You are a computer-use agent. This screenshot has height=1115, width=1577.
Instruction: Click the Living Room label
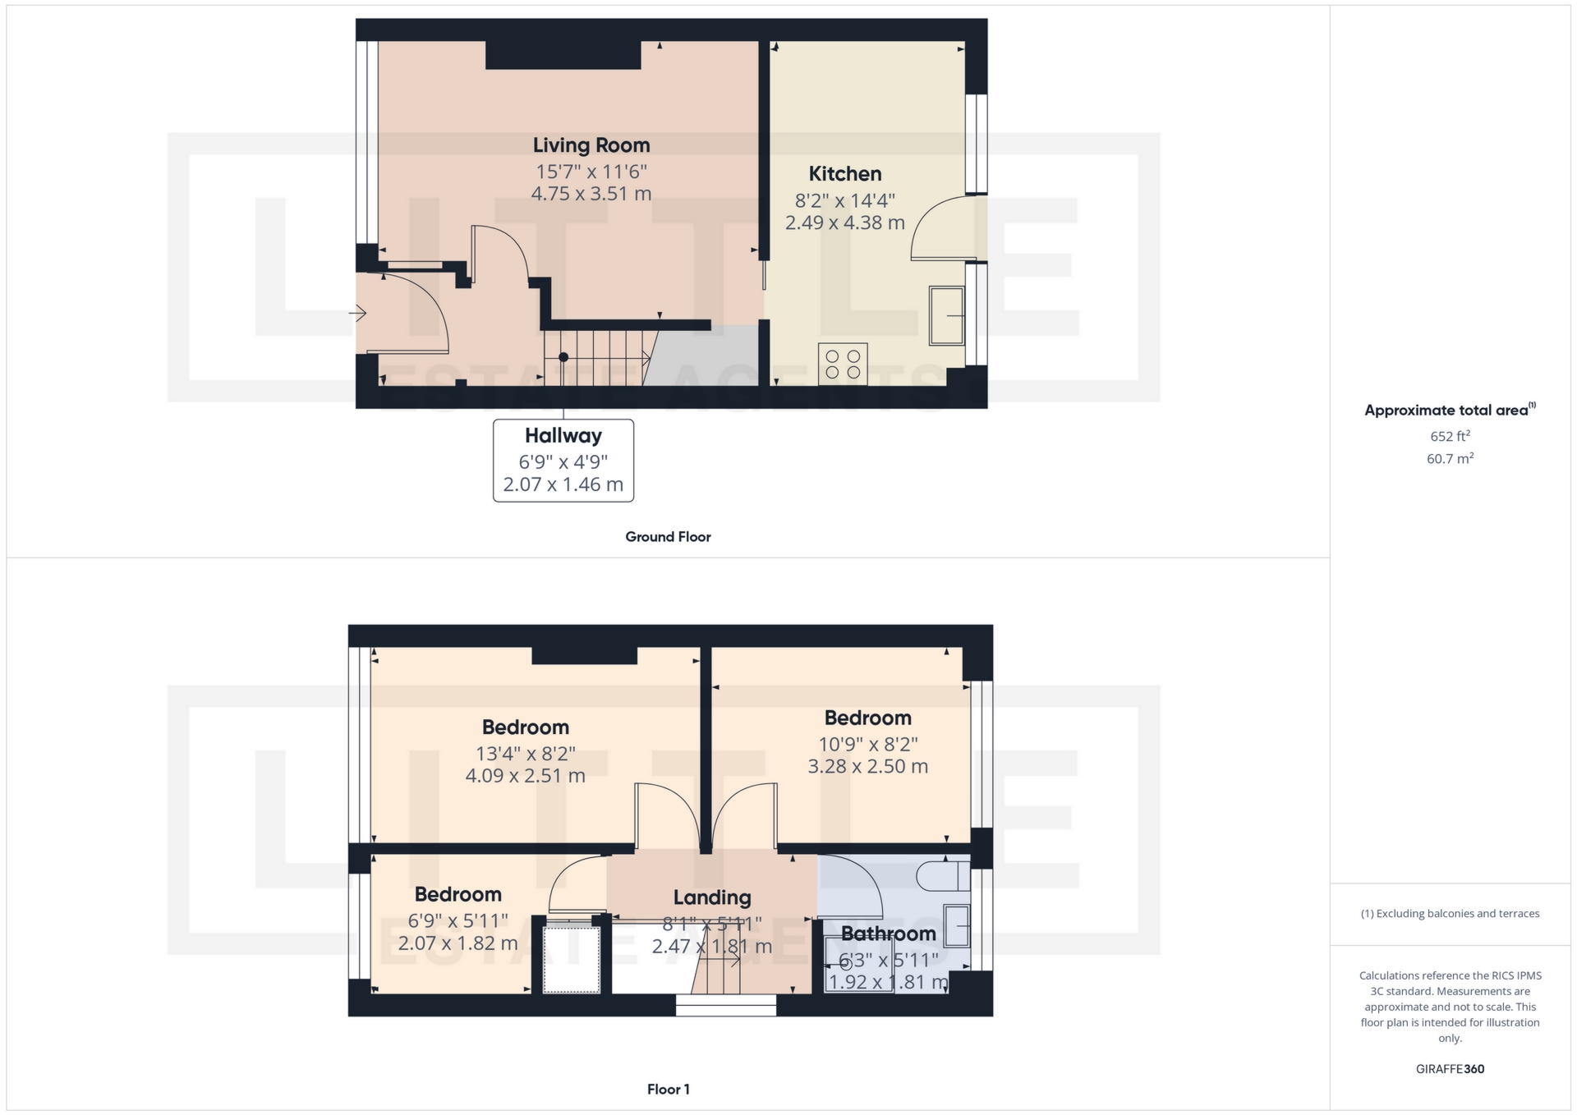pos(591,145)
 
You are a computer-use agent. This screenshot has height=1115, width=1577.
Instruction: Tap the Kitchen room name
pos(845,174)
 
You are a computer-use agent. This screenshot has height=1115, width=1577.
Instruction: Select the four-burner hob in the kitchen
pos(843,364)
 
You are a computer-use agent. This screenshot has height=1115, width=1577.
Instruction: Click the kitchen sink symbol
pos(947,315)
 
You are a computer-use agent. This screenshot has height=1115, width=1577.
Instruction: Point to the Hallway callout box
pos(563,460)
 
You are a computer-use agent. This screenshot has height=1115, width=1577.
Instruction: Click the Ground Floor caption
pos(668,537)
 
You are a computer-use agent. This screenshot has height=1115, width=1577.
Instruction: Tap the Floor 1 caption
pos(669,1090)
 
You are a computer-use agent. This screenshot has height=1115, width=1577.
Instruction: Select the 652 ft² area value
pos(1450,437)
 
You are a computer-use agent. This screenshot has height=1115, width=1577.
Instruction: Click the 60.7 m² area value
pos(1450,459)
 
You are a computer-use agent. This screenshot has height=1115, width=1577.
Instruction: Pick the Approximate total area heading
pos(1450,411)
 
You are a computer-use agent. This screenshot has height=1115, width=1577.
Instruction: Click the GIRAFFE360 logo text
pos(1450,1069)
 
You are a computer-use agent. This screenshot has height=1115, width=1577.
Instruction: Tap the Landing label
pos(712,898)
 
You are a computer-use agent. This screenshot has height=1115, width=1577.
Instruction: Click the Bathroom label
pos(889,934)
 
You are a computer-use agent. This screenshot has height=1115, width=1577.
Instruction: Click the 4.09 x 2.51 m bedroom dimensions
pos(526,776)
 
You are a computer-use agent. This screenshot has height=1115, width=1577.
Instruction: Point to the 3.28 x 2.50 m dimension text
pos(868,767)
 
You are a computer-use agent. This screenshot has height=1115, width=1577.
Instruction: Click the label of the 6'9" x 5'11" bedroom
pos(458,894)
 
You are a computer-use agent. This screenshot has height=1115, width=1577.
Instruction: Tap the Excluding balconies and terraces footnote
pos(1450,914)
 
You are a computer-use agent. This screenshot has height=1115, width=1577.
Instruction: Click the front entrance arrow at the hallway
pos(357,313)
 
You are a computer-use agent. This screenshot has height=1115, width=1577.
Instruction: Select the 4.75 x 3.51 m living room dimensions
pos(591,195)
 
